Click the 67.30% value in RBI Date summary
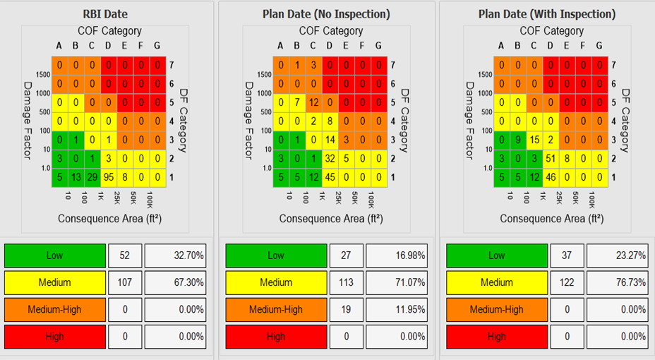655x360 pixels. tap(175, 282)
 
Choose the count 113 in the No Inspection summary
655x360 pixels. tap(347, 282)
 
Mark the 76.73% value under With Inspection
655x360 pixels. tap(617, 282)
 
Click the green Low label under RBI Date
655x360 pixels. tap(55, 256)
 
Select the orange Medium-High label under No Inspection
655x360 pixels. tap(276, 309)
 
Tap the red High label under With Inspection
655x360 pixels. tap(497, 336)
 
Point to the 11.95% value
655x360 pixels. tap(396, 309)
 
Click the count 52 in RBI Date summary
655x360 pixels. tap(125, 256)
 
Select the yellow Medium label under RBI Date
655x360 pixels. tap(55, 282)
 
